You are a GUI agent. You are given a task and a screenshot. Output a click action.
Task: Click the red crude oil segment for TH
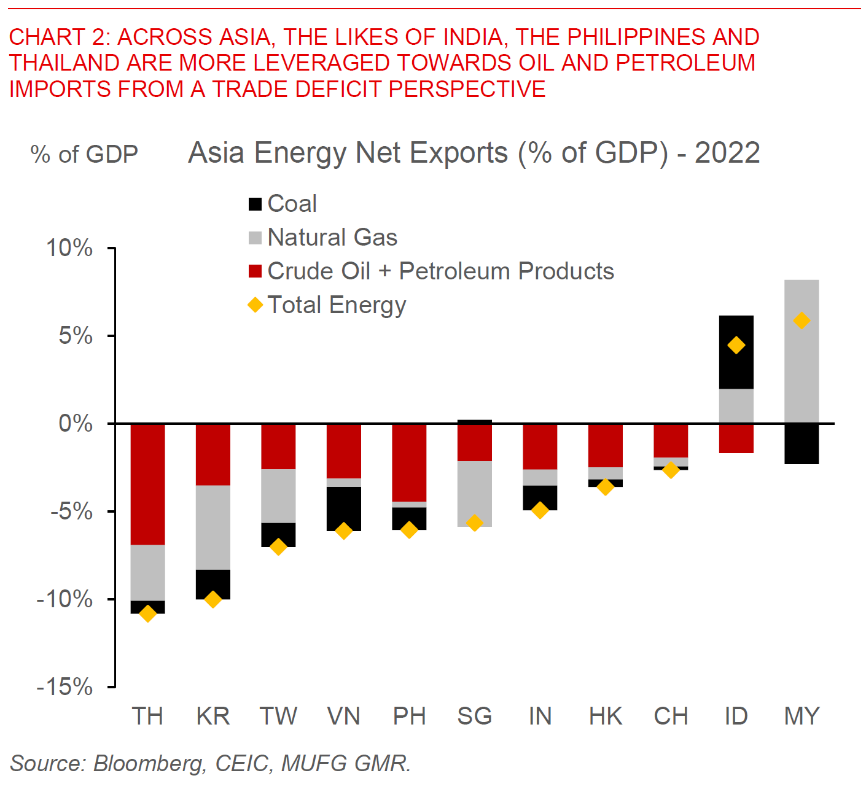[x=148, y=484]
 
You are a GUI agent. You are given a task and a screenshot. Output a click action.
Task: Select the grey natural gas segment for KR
[x=213, y=527]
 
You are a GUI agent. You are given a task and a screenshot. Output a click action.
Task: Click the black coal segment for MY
[x=802, y=444]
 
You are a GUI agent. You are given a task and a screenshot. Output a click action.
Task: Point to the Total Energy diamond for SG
[x=474, y=523]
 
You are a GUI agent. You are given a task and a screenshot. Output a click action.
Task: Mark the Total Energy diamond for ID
[x=736, y=346]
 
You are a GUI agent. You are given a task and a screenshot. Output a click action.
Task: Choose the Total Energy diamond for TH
[x=148, y=613]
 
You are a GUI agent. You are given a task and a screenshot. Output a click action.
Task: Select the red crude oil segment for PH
[x=409, y=462]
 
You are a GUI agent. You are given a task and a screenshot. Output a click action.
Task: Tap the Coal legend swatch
[x=255, y=204]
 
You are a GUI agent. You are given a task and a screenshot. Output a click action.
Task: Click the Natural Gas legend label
[x=332, y=238]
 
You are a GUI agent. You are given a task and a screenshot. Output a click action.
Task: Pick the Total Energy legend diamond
[x=255, y=305]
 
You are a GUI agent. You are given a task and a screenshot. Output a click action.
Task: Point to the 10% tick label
[x=69, y=249]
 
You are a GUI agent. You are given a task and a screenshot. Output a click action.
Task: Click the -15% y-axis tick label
[x=65, y=687]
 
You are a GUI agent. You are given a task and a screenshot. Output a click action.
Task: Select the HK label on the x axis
[x=606, y=717]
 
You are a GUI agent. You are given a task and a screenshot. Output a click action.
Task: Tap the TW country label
[x=278, y=717]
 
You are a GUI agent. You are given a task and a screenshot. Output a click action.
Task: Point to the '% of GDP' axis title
[x=84, y=155]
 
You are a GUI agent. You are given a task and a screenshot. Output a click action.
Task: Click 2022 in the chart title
[x=727, y=154]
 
